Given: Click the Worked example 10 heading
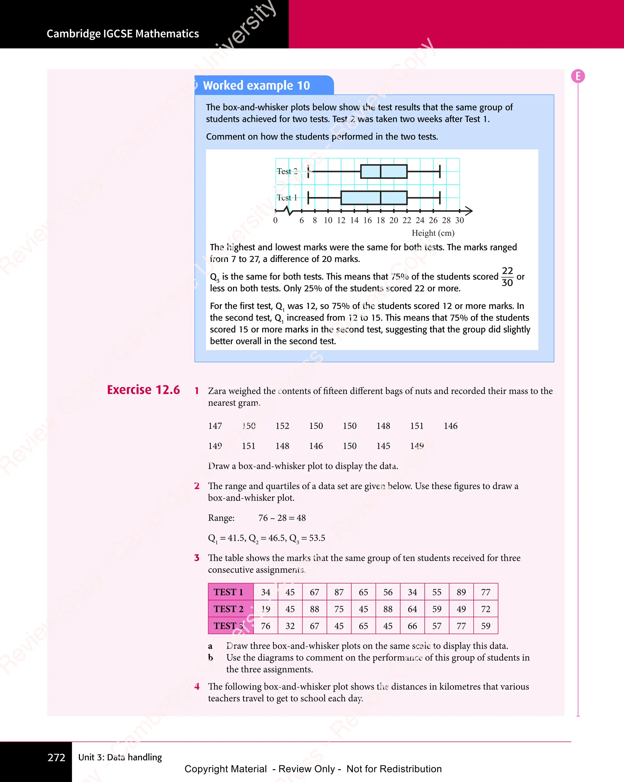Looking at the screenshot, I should (x=256, y=86).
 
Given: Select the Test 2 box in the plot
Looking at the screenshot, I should (x=384, y=171).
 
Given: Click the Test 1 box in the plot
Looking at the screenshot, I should (x=374, y=198).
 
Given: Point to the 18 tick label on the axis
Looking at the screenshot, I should (x=381, y=220).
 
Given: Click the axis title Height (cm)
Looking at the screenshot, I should (x=433, y=233).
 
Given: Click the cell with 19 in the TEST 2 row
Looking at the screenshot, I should (x=266, y=609).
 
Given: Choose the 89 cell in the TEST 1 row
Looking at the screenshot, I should (x=461, y=592).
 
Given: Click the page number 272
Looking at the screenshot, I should (x=56, y=757).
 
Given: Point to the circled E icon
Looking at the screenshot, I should (x=578, y=76).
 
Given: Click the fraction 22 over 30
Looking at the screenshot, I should (x=507, y=277).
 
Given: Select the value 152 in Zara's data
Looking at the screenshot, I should (x=282, y=426).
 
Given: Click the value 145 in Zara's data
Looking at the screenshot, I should (x=383, y=446).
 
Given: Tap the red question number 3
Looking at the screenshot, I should (x=197, y=558).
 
